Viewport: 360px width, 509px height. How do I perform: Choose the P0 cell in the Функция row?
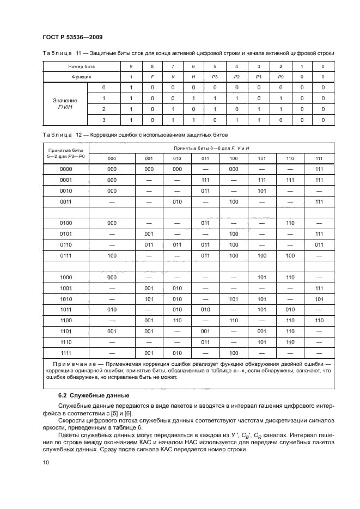(x=280, y=77)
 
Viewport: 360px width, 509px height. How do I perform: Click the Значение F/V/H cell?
(x=65, y=104)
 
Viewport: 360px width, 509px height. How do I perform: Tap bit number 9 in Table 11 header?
(x=131, y=66)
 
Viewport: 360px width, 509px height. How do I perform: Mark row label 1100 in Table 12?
(x=65, y=321)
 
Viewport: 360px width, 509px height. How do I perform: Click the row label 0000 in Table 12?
(x=65, y=169)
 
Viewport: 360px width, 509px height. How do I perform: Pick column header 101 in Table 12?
(x=261, y=158)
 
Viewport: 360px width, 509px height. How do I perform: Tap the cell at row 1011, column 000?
(x=112, y=309)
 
